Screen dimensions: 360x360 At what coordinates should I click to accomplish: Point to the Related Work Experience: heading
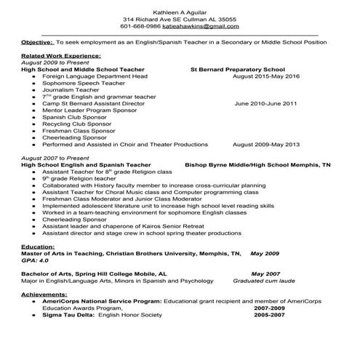click(x=61, y=55)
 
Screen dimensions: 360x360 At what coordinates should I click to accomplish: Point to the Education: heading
click(x=38, y=247)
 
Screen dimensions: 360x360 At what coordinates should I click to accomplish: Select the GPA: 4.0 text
click(x=35, y=260)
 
